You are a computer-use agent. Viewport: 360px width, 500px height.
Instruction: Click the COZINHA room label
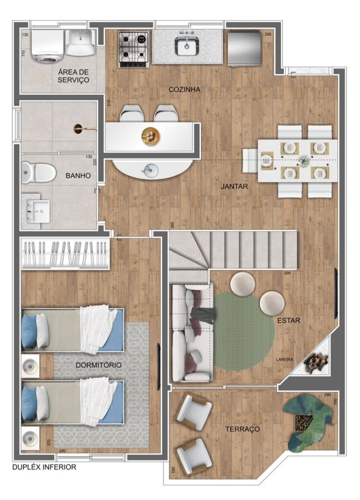pos(184,90)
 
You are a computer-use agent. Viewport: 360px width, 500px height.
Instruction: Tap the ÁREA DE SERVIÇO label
pos(73,76)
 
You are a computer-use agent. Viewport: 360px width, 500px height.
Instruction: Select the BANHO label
pos(78,176)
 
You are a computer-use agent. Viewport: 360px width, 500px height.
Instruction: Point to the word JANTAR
pos(234,186)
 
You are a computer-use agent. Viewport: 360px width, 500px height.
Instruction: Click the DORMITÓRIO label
pos(99,365)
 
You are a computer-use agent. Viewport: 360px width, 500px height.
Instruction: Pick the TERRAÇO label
pos(243,429)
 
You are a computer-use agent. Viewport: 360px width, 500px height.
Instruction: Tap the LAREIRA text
pos(284,359)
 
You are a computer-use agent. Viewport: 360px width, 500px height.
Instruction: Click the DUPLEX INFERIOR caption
pos(44,467)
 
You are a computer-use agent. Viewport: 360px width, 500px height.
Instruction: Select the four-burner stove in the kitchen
pos(134,49)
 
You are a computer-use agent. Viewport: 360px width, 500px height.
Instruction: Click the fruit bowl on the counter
pos(151,137)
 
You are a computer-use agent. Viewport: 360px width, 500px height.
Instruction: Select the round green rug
pos(244,332)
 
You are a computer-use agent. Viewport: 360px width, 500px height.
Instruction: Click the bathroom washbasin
pos(38,211)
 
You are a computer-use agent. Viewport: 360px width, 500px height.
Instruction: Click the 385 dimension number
pos(172,225)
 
